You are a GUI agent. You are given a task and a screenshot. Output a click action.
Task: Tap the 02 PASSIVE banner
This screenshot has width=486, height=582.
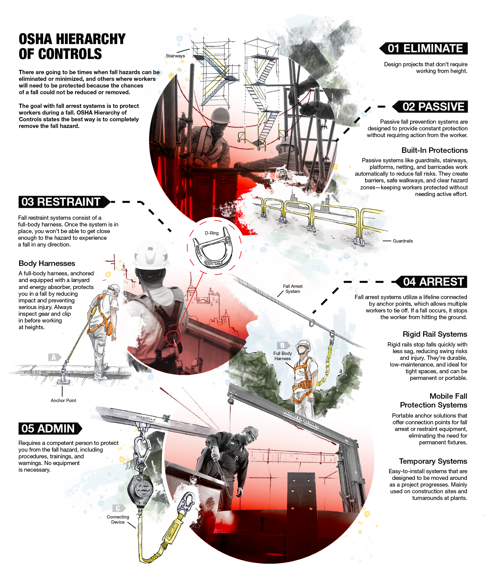pos(431,107)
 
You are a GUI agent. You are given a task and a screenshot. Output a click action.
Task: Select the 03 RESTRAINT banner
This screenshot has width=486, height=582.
pos(62,202)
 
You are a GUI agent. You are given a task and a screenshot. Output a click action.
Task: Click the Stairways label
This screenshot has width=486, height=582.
pos(175,56)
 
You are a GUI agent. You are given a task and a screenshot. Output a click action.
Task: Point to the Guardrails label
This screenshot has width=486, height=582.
pos(402,241)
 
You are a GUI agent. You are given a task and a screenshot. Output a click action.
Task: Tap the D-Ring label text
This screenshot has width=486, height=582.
pos(212,233)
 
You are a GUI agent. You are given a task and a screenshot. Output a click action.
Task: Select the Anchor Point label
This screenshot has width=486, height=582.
pos(63,401)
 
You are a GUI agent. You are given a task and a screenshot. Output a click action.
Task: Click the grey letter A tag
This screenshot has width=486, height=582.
pos(54,357)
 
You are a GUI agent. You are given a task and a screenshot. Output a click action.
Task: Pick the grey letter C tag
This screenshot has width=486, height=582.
pos(118,508)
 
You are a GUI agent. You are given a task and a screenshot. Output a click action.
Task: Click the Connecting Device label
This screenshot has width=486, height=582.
pos(118,519)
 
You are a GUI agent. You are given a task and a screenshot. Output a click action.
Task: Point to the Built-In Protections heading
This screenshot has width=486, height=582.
pos(434,150)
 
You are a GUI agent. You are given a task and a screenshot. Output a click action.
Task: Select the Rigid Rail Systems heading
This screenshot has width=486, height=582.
pos(435,334)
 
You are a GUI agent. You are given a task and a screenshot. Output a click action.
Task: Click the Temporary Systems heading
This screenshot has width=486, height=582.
pos(433,461)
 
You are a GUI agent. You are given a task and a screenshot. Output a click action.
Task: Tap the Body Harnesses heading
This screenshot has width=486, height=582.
pos(47,263)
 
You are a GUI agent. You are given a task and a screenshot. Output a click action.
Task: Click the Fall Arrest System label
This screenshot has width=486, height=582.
pos(293,289)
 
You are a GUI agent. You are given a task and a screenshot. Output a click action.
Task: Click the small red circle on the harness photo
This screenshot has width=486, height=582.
pos(173,337)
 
